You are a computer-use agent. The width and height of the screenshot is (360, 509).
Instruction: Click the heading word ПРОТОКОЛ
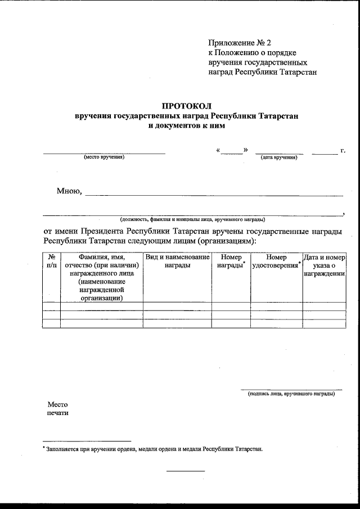point(186,106)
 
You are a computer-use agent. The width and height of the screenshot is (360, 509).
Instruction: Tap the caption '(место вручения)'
point(104,157)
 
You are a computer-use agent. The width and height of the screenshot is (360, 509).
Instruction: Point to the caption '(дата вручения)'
point(279,157)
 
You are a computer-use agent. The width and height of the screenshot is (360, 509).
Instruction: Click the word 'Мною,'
point(69,191)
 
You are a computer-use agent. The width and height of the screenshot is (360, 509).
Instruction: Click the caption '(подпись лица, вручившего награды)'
point(291,394)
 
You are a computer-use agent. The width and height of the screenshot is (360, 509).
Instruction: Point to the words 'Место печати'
point(57,408)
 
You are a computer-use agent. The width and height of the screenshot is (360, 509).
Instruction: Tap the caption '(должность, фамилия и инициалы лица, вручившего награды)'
point(192,219)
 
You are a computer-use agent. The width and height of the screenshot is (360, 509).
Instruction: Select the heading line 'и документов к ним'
point(186,126)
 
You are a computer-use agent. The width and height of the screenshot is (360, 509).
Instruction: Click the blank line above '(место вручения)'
point(104,152)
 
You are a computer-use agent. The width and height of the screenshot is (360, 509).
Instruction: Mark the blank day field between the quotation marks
point(232,151)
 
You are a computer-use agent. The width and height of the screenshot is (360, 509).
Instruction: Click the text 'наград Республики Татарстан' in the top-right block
point(263,73)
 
